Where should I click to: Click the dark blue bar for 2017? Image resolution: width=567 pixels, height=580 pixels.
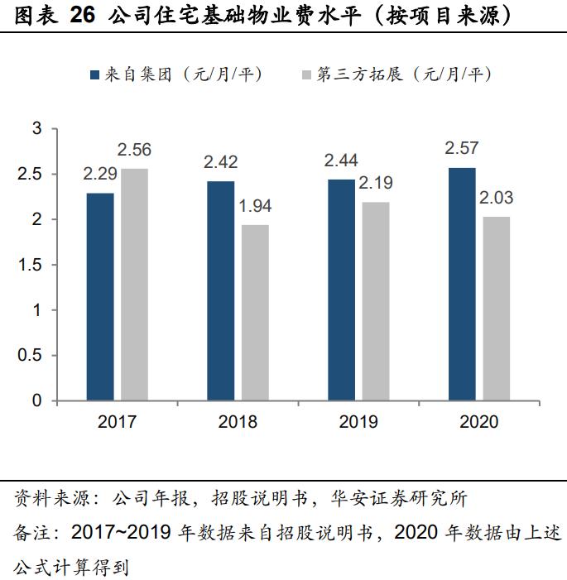(100, 297)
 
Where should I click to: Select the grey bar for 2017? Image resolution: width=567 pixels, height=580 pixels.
(135, 285)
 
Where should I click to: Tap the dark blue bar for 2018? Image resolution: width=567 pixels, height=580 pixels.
(221, 290)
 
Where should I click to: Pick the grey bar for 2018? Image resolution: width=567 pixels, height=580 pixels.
(255, 313)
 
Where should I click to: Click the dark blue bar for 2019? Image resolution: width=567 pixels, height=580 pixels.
(341, 290)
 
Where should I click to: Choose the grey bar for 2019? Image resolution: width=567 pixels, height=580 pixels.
(376, 301)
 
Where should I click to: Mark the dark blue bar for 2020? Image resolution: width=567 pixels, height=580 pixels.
(462, 284)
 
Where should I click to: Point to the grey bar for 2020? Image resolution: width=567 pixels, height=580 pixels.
(497, 309)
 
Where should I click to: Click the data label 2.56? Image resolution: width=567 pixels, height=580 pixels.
(134, 150)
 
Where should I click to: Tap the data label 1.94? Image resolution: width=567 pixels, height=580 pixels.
(255, 206)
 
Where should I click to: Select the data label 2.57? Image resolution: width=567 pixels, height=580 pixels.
(462, 149)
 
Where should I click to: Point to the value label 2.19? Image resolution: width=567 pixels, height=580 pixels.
(376, 183)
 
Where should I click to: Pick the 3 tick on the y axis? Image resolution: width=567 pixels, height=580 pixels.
(36, 128)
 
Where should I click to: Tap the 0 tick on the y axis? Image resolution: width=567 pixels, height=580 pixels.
(36, 401)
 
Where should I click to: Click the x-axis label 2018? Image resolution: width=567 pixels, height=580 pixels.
(238, 422)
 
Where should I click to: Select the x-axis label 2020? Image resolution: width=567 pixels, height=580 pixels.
(479, 422)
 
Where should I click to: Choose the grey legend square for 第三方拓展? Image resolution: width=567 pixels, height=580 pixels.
(306, 74)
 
